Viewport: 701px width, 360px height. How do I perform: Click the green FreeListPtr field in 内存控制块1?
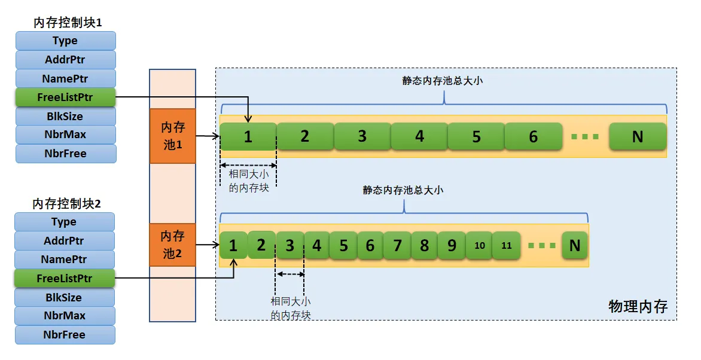point(65,97)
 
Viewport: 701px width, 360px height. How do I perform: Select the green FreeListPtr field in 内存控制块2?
point(64,278)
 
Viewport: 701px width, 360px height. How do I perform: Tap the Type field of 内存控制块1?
point(65,41)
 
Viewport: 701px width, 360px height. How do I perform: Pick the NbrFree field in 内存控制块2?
point(64,335)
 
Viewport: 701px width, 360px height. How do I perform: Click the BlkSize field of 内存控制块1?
point(65,116)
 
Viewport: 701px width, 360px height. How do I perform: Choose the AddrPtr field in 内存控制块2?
point(64,240)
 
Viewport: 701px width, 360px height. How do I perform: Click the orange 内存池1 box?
point(172,136)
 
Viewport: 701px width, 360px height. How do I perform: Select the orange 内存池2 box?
point(172,245)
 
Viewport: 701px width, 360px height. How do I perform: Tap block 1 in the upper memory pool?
point(248,136)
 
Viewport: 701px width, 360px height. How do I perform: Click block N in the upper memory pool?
point(637,136)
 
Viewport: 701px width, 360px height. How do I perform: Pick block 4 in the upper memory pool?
point(419,136)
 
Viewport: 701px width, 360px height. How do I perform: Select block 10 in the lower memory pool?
point(479,245)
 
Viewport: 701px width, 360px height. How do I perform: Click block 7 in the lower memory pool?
point(397,245)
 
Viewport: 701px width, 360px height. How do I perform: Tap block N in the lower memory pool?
point(575,245)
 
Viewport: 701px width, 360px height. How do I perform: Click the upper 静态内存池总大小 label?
point(443,81)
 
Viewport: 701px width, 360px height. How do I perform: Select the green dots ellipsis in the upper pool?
point(585,137)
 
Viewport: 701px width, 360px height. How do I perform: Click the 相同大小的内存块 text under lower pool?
point(291,308)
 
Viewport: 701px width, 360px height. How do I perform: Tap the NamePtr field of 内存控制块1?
point(65,78)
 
